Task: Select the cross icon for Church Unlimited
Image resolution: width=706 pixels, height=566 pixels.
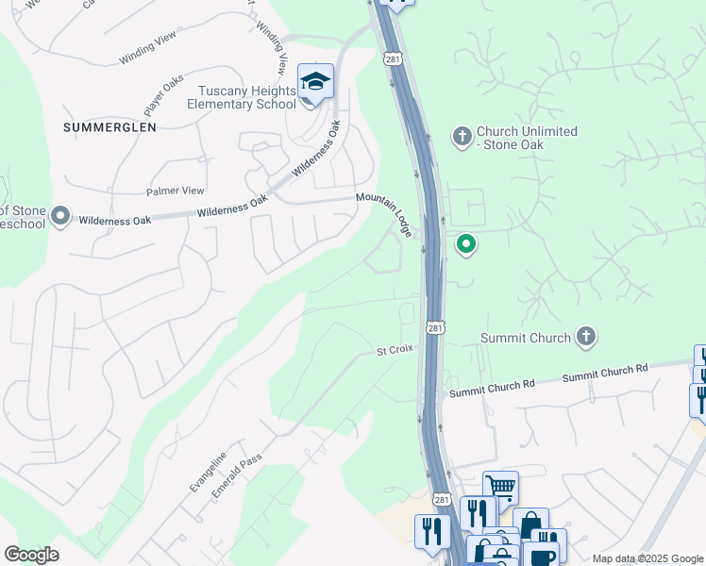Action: (x=462, y=138)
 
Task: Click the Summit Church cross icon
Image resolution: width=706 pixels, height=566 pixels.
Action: (x=586, y=337)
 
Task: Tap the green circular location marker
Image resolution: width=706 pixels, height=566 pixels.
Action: (x=466, y=245)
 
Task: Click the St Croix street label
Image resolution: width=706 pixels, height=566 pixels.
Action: (x=395, y=350)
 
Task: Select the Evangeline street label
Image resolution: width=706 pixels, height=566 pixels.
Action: (x=209, y=470)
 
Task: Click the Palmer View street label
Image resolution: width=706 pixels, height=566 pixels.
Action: (x=176, y=191)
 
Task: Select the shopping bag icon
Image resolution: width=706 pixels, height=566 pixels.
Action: (x=530, y=524)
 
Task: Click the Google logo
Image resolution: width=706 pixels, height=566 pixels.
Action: (x=31, y=554)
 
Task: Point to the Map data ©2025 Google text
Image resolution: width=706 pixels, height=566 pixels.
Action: (x=647, y=558)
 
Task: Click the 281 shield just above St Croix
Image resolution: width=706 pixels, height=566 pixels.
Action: (x=434, y=327)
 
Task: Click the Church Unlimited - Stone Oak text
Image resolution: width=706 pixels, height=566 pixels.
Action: (x=527, y=138)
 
